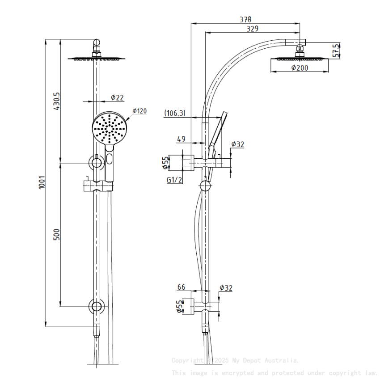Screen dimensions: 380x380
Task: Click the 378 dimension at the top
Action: [245, 19]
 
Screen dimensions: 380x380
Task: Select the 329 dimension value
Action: [252, 29]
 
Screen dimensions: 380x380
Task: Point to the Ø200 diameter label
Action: [300, 68]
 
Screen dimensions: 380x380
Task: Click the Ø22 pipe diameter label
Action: [117, 97]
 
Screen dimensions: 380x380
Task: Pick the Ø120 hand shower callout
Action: [139, 111]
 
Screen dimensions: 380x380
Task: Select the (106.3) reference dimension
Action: [174, 113]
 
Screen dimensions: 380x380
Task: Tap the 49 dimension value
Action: [181, 139]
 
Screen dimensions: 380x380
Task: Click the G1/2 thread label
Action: [174, 180]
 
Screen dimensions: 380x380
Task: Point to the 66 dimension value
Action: [181, 287]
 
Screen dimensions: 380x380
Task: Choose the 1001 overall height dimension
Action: [42, 182]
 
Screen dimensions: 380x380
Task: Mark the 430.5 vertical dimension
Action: [56, 101]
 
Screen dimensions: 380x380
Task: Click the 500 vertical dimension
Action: [56, 235]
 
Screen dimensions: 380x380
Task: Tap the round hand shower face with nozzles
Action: [110, 127]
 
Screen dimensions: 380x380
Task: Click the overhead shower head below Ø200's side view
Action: [300, 59]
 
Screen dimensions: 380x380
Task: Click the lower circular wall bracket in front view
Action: [96, 306]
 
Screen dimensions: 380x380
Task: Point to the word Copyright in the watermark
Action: [187, 360]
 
